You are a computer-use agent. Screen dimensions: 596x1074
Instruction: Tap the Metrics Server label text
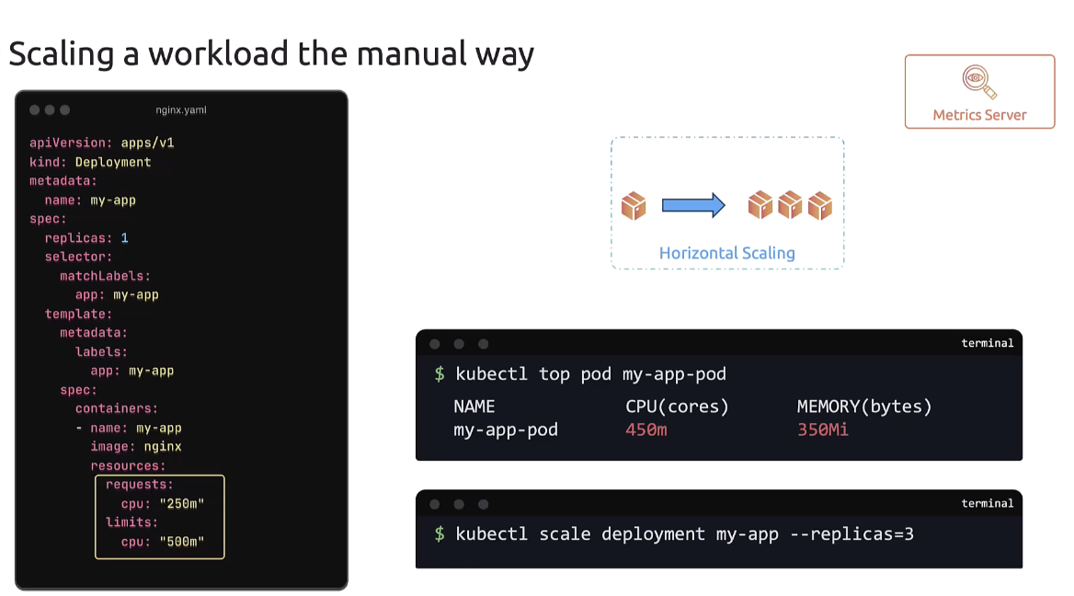point(979,115)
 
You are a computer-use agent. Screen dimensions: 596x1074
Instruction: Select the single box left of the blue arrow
point(634,205)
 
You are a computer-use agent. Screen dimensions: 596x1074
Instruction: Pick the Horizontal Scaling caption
point(726,253)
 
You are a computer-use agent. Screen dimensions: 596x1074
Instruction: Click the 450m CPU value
point(646,430)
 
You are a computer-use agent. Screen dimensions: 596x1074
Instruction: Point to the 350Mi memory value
point(822,430)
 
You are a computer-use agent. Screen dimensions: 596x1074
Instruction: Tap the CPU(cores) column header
point(677,407)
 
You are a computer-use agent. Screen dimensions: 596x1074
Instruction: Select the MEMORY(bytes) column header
point(864,407)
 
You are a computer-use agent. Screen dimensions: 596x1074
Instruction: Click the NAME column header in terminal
point(474,407)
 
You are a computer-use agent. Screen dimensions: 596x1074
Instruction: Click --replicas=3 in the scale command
point(852,534)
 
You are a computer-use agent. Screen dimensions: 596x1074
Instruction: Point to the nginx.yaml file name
point(181,110)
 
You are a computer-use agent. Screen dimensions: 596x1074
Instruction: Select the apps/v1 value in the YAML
point(147,143)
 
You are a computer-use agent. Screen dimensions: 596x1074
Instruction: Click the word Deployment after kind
point(113,162)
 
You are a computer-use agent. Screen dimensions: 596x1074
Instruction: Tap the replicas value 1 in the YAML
point(125,238)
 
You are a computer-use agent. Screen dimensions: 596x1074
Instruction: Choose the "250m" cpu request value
point(181,504)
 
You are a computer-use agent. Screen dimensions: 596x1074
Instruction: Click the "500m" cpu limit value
point(181,542)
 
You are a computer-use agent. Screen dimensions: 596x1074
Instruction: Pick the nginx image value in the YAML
point(162,447)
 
